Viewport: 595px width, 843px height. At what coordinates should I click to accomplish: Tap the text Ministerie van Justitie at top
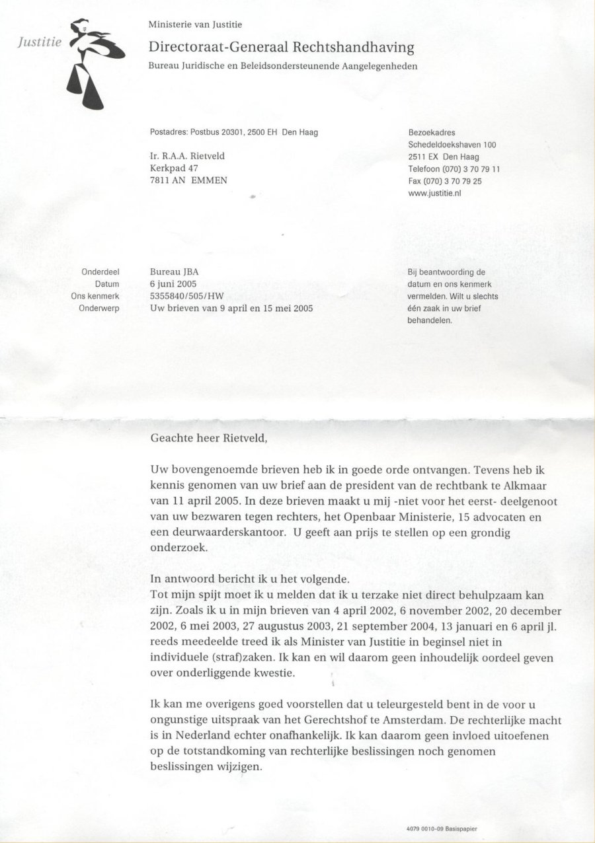point(195,25)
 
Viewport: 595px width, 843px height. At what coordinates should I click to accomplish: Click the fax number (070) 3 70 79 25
point(445,180)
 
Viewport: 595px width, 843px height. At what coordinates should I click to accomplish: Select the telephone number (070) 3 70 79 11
point(454,168)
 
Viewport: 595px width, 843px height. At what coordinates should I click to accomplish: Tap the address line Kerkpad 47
point(174,168)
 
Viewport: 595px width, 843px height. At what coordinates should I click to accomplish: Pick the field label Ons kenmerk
point(95,296)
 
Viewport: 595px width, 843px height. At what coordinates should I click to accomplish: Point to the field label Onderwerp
point(99,308)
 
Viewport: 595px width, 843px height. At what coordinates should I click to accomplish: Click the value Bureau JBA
point(175,272)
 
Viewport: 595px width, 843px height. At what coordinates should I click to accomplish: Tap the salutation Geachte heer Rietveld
point(212,437)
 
